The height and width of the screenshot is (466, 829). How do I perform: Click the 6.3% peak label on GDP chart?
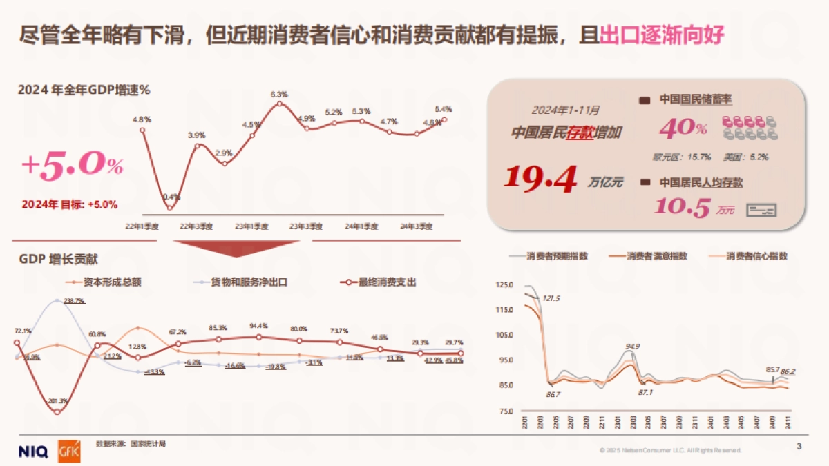click(279, 94)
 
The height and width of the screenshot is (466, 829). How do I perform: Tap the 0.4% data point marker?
click(170, 208)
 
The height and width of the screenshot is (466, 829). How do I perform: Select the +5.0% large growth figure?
click(72, 166)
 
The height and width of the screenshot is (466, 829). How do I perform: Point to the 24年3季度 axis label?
click(417, 226)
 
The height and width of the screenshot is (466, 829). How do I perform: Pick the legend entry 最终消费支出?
click(379, 282)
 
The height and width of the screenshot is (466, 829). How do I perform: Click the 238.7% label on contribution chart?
click(73, 300)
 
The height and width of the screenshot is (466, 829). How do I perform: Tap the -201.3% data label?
click(57, 401)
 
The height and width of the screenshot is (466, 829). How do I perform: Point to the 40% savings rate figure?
click(683, 128)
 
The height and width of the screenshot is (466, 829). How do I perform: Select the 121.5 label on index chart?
click(551, 298)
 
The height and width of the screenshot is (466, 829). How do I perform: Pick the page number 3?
click(799, 447)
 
